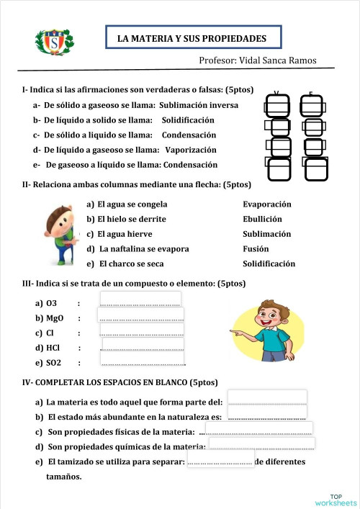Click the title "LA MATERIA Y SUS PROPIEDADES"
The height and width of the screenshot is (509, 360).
[192, 38]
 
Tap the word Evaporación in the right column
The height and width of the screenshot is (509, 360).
[267, 204]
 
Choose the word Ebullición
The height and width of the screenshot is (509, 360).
[262, 219]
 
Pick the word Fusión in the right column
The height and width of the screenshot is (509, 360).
[256, 249]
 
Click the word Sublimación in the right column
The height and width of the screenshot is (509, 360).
[267, 234]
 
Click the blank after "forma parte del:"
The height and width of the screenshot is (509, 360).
[267, 397]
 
